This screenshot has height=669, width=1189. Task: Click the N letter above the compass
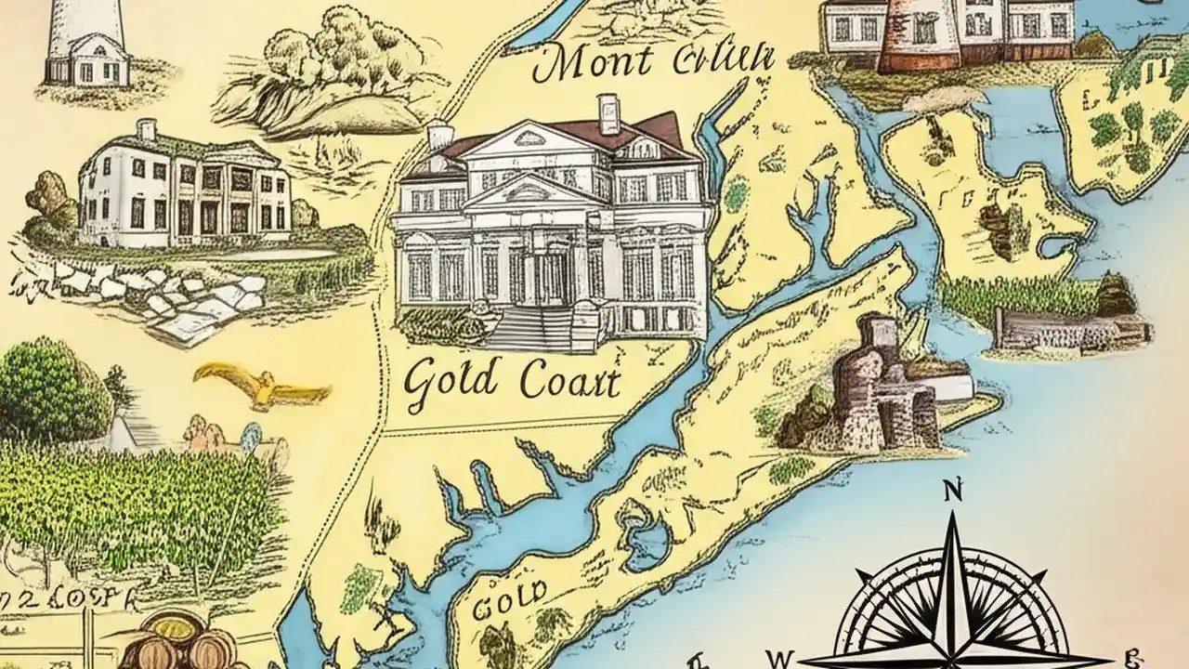pos(952,492)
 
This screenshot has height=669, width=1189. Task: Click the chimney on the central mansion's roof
pos(608,113)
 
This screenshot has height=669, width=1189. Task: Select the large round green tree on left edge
pos(51,390)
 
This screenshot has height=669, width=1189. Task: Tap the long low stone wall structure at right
pos(1068,330)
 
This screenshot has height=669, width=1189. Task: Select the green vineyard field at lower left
pos(139,506)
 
